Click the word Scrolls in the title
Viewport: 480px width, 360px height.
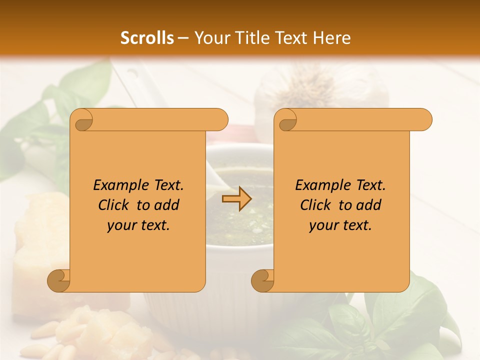[x=147, y=38]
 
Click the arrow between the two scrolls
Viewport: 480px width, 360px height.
[x=236, y=199]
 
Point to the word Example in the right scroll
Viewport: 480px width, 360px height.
[x=322, y=185]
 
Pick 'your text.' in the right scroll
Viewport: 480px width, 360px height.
[x=340, y=225]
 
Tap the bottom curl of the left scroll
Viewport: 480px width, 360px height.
[x=59, y=280]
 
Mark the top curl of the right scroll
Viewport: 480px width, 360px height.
[x=286, y=120]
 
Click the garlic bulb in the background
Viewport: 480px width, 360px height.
[x=320, y=87]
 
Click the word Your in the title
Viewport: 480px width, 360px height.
[x=209, y=38]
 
